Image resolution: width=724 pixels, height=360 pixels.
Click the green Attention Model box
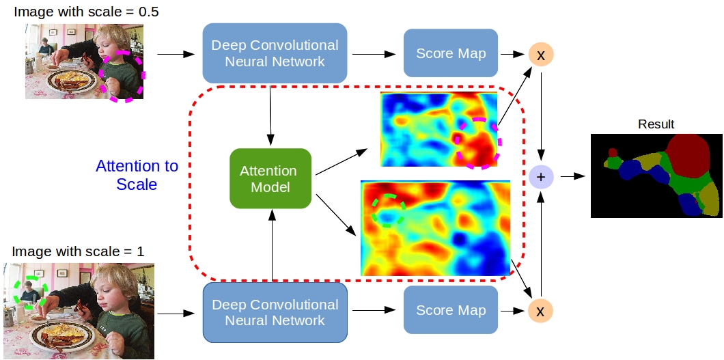(270, 179)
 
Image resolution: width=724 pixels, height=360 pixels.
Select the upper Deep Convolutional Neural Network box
(275, 53)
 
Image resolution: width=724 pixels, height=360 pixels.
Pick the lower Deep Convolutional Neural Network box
(275, 312)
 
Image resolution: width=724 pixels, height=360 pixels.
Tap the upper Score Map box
(451, 53)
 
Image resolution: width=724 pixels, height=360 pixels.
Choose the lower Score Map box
(451, 311)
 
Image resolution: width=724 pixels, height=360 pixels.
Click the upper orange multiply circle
(541, 55)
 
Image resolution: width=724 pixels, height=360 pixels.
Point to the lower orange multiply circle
(540, 311)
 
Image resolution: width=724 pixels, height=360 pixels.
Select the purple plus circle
(541, 178)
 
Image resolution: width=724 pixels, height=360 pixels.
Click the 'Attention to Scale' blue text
(137, 175)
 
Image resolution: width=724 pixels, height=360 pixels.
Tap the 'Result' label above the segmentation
(656, 124)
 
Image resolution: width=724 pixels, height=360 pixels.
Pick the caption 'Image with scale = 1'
(78, 251)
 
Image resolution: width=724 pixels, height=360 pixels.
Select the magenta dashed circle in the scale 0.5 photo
(122, 75)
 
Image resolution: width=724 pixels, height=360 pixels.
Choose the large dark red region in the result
(687, 156)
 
